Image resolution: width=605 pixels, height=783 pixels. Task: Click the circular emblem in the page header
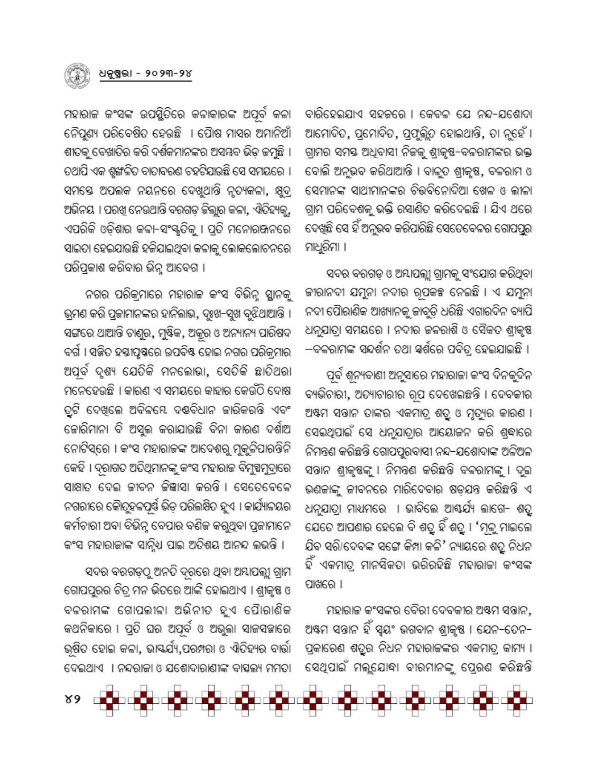[x=76, y=75]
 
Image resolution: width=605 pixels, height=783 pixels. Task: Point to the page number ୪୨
[x=73, y=699]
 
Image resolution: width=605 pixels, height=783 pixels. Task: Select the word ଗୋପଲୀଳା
[x=158, y=611]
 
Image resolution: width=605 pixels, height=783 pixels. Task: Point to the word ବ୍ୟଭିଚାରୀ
[x=327, y=394]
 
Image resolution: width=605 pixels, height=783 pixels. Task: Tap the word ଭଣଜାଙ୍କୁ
[x=325, y=489]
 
